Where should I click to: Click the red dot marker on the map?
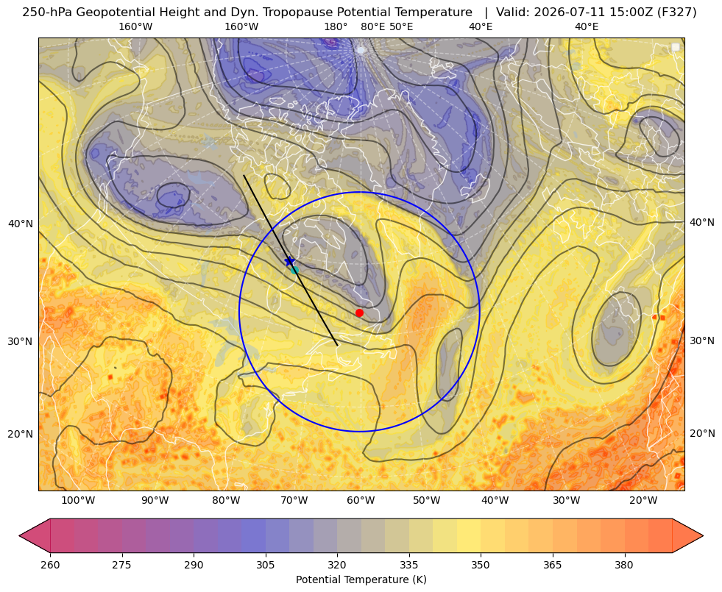point(359,313)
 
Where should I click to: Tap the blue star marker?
point(290,261)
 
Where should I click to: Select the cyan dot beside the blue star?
point(294,270)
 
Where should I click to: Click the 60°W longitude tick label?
point(361,500)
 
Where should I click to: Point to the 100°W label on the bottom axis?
point(78,500)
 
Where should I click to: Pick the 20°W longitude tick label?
point(643,500)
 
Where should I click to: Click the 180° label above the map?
point(336,26)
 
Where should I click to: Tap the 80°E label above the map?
point(372,26)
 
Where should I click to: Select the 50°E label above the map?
point(401,26)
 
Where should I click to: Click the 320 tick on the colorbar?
point(337,564)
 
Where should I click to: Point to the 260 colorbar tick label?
point(50,564)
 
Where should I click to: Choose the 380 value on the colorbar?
point(624,564)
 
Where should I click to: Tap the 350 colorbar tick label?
point(481,564)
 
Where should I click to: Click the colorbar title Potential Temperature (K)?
point(361,579)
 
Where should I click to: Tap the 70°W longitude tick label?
point(294,500)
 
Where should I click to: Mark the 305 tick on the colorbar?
point(265,564)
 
